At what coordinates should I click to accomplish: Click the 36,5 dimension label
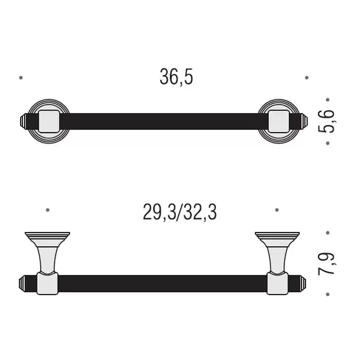176,77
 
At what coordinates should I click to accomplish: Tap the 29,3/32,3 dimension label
180,212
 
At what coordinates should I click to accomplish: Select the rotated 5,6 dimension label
327,121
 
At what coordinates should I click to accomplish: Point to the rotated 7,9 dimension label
327,263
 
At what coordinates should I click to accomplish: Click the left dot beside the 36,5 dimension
21,78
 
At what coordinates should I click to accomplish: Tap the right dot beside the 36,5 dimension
307,78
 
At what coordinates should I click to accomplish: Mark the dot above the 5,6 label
328,100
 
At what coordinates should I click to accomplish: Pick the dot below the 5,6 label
328,143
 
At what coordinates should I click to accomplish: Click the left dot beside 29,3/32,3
47,210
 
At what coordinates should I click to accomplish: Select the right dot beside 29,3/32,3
277,210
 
